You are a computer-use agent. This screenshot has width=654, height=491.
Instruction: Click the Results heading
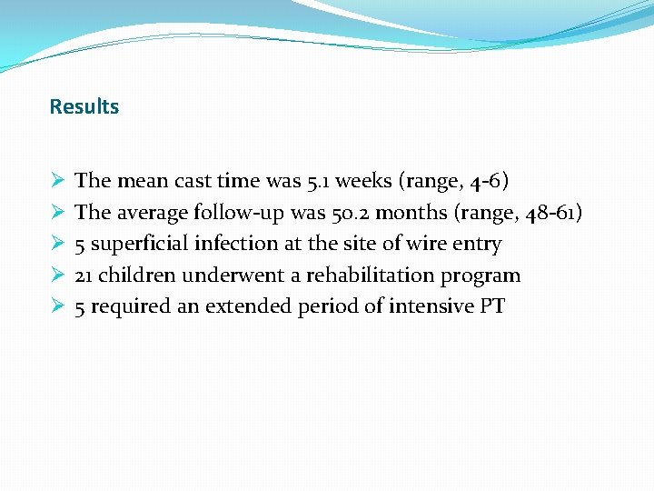pyautogui.click(x=84, y=106)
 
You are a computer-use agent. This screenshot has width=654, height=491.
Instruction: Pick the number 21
pyautogui.click(x=84, y=275)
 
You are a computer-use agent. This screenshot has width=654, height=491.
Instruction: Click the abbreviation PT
pyautogui.click(x=491, y=306)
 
